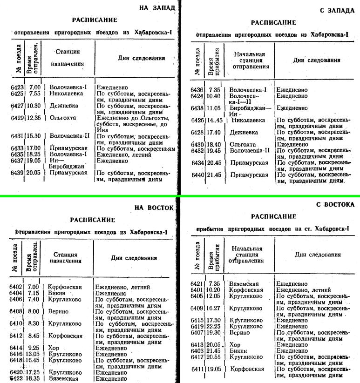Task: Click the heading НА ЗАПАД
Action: coord(157,8)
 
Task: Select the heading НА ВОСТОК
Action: coord(154,208)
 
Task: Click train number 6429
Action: coord(17,118)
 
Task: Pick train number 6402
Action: coord(16,287)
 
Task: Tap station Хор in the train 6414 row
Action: coord(54,348)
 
